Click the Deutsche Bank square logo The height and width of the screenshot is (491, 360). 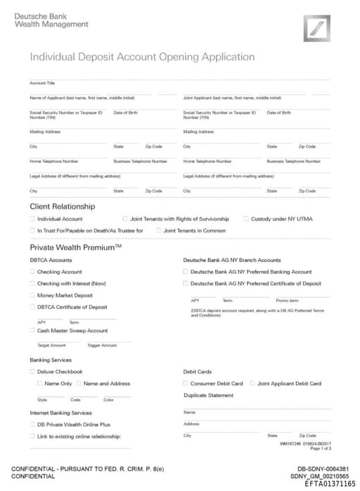point(316,29)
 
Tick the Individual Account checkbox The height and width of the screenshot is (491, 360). point(32,219)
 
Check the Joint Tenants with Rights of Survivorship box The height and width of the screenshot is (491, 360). point(125,219)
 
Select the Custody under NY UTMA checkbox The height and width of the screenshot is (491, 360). point(246,219)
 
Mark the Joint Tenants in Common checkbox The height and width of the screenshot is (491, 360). point(159,230)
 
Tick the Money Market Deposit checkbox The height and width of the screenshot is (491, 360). point(32,296)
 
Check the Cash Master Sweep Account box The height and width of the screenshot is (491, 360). point(32,330)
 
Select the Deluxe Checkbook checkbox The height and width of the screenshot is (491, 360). point(32,372)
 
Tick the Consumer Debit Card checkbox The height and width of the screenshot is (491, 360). point(185,384)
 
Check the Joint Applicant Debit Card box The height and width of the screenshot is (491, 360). point(252,384)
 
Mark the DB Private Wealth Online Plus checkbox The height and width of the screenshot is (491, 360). point(32,425)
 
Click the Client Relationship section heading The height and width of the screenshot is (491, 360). point(62,207)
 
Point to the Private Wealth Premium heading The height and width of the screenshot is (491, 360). point(75,247)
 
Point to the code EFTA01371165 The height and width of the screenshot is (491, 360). point(330,484)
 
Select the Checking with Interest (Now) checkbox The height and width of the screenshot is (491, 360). point(32,284)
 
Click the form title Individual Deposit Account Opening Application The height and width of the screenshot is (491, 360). point(142,57)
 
